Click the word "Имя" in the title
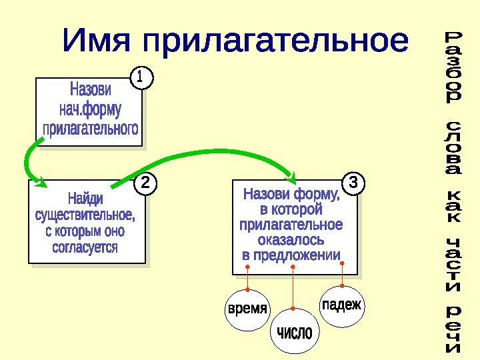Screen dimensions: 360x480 pyautogui.click(x=99, y=41)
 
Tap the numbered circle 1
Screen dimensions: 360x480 pyautogui.click(x=140, y=78)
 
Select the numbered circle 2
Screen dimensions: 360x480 pyautogui.click(x=145, y=183)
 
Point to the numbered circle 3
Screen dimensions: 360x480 pyautogui.click(x=354, y=182)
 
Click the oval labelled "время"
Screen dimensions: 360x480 pyautogui.click(x=247, y=309)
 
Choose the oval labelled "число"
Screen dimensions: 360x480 pyautogui.click(x=294, y=332)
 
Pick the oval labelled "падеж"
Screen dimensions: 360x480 pyautogui.click(x=342, y=305)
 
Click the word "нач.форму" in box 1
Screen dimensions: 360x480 pyautogui.click(x=90, y=109)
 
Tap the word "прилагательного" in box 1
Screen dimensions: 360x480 pyautogui.click(x=91, y=127)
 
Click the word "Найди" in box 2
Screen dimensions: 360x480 pyautogui.click(x=85, y=199)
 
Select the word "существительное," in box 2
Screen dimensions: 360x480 pyautogui.click(x=85, y=215)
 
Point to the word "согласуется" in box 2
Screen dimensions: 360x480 pyautogui.click(x=85, y=247)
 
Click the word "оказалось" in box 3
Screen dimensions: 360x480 pyautogui.click(x=291, y=239)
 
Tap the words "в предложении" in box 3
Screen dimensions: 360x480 pyautogui.click(x=291, y=255)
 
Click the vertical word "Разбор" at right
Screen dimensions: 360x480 pyautogui.click(x=453, y=67)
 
